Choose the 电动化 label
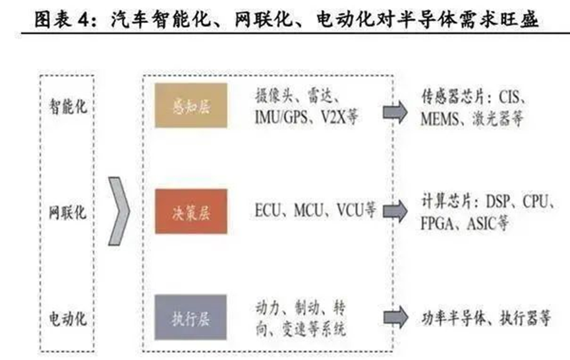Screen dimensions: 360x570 tap(67, 319)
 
